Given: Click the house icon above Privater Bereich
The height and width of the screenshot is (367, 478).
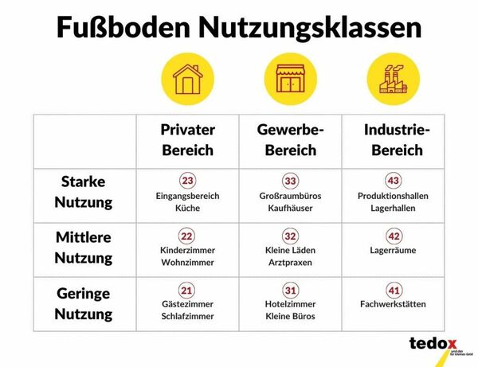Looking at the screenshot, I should coord(187,78).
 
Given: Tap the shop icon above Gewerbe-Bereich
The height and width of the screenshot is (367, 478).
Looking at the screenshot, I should coord(290,78).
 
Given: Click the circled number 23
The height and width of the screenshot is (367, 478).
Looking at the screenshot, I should coord(187,181).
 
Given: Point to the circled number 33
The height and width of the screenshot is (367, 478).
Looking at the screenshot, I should coord(290,181).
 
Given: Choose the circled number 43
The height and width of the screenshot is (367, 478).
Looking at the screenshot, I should coord(393,181).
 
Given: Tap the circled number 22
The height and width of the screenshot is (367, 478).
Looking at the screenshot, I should coord(187,236).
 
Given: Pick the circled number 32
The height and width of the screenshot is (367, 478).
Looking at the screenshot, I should coord(290,236).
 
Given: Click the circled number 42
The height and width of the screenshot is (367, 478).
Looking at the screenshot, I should coord(393,236).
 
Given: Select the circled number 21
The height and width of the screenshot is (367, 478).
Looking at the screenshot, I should coord(187,291).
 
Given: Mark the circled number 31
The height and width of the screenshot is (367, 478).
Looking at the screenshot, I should coord(290,291).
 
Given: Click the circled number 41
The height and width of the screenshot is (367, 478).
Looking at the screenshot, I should coord(393,291).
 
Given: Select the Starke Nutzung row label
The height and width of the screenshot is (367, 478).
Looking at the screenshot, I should coord(84,192).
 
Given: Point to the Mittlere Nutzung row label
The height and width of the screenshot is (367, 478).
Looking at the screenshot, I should coord(84,247).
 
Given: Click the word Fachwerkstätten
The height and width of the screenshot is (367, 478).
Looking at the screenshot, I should coord(393,304).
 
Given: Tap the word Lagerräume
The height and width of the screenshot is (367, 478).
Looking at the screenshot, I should coord(393,249).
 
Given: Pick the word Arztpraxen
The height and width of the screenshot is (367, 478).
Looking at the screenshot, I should coord(290,262).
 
